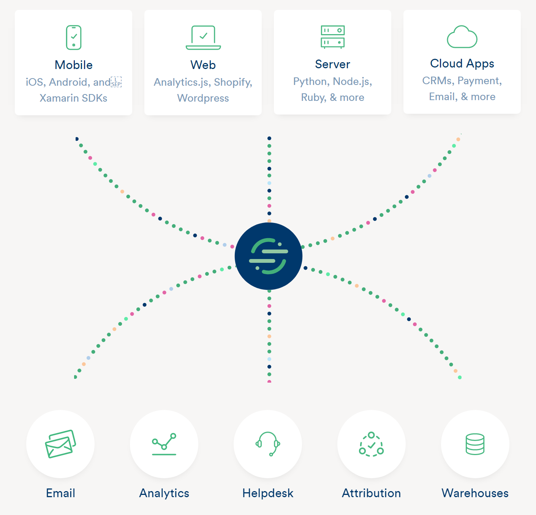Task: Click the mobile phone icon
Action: (x=74, y=38)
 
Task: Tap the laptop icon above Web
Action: (x=203, y=38)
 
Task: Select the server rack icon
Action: (x=332, y=37)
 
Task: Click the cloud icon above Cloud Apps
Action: (x=462, y=37)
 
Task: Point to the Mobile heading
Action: (x=74, y=65)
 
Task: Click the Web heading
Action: (x=203, y=65)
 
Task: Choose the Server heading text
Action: (x=332, y=64)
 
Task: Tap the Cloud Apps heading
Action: (x=462, y=63)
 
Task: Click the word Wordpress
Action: (x=203, y=98)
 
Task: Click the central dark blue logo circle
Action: (x=269, y=256)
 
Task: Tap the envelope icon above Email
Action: (x=60, y=444)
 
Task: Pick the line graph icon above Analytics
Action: (x=164, y=444)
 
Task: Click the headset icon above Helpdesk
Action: (x=268, y=444)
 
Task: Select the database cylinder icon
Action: (x=475, y=444)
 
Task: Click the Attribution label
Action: (x=372, y=493)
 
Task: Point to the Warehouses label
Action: (x=475, y=493)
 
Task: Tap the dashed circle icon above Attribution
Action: (x=372, y=444)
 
